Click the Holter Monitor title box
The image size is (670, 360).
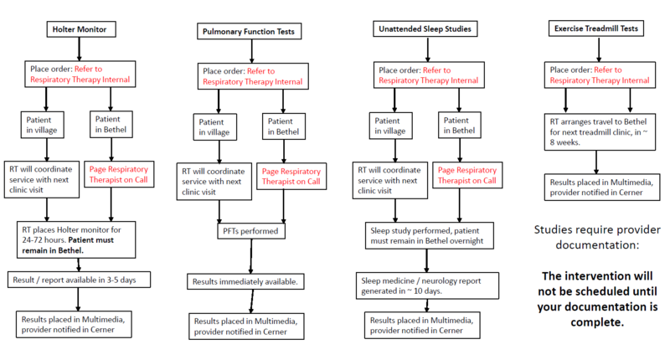80,30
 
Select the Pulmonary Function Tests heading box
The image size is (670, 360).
250,32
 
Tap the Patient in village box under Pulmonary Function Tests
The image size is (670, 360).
215,127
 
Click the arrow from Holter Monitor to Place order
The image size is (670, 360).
80,51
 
